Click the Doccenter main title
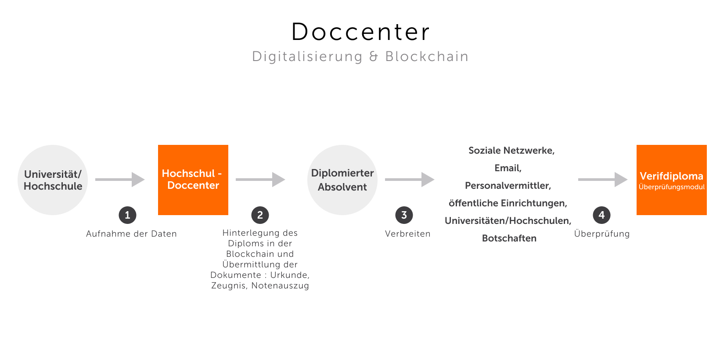click(360, 32)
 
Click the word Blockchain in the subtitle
click(427, 57)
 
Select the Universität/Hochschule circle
click(53, 180)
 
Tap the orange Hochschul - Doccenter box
click(193, 180)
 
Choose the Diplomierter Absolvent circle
click(342, 180)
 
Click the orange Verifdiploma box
click(672, 180)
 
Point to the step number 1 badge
click(127, 215)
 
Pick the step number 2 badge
click(260, 215)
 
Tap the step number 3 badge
click(404, 215)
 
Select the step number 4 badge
click(601, 215)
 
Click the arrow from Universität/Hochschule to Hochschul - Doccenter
click(120, 180)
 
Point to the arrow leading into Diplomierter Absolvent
click(260, 180)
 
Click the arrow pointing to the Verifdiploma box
click(603, 180)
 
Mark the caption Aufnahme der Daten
click(131, 234)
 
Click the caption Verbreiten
click(407, 234)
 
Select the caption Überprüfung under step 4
click(601, 234)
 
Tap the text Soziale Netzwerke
click(511, 151)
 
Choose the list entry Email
click(508, 168)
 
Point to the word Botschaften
click(509, 238)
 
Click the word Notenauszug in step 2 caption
click(280, 286)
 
